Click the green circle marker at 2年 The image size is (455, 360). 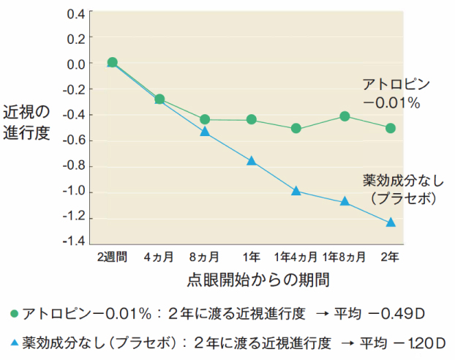[x=391, y=128]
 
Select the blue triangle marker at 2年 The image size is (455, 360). [x=391, y=222]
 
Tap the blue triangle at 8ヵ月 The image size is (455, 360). [x=205, y=132]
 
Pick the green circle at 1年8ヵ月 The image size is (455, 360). [x=345, y=116]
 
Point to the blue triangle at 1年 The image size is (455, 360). [x=251, y=161]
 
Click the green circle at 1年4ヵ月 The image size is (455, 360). [x=296, y=128]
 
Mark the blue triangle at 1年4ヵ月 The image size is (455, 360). [x=296, y=191]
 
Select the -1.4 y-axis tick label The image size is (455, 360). [x=73, y=241]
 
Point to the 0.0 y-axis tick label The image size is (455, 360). [x=75, y=64]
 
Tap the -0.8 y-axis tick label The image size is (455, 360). [x=73, y=167]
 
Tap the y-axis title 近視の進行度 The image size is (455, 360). [x=27, y=124]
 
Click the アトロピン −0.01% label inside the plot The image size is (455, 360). [x=392, y=93]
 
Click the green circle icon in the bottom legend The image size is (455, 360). [x=14, y=313]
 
